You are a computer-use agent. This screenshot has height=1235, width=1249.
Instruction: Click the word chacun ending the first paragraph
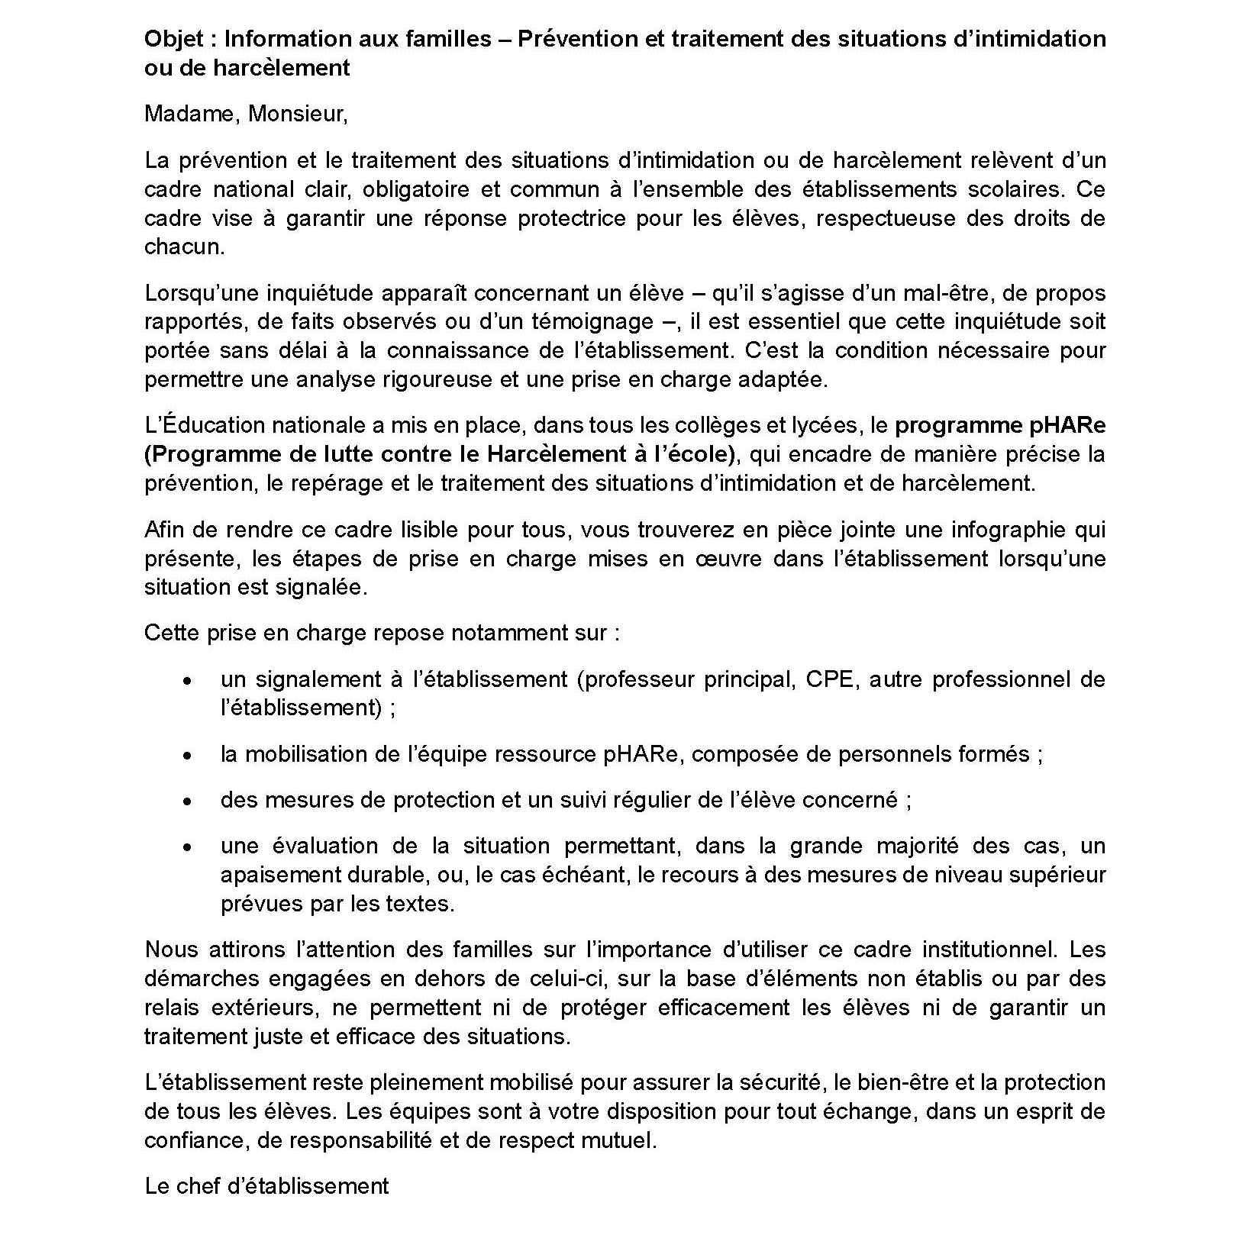182,247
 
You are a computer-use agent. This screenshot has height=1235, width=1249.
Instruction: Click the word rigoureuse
426,379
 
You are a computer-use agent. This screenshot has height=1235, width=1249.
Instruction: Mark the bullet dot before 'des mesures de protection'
187,801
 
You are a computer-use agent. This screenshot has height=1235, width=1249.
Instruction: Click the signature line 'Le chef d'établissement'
266,1186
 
